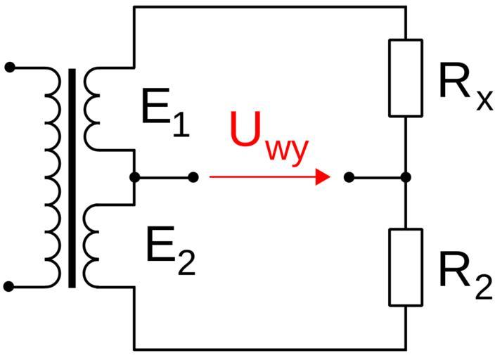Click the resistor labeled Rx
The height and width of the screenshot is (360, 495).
click(406, 77)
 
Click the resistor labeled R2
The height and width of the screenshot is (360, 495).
click(406, 267)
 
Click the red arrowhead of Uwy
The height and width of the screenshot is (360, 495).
click(323, 177)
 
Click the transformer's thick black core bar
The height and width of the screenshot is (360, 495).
click(72, 177)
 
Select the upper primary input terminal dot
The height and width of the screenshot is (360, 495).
click(9, 67)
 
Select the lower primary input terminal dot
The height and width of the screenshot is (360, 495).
click(9, 287)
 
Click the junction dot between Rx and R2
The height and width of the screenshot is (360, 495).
click(406, 177)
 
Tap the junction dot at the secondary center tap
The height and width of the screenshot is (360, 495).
click(134, 177)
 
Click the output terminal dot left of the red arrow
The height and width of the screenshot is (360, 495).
click(193, 177)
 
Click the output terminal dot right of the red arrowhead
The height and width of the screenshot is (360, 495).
click(349, 177)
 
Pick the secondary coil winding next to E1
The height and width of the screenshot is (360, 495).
click(91, 108)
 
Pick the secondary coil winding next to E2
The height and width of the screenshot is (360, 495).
click(91, 246)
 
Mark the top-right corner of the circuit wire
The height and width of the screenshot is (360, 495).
click(406, 7)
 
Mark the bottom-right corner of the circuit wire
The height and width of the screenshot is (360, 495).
click(406, 349)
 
